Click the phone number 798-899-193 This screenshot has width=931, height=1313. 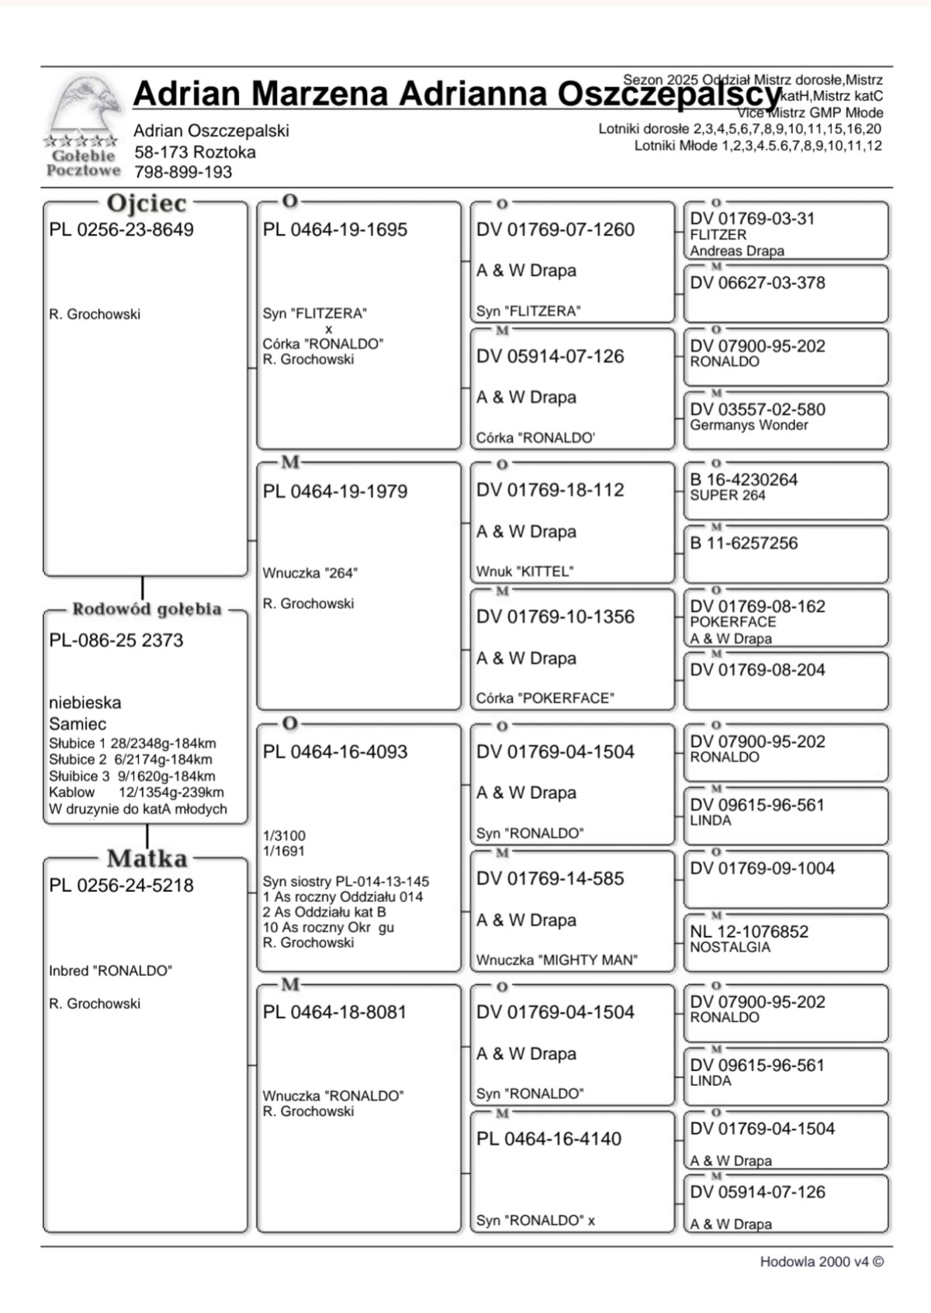pyautogui.click(x=183, y=172)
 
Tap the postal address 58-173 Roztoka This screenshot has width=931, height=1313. pyautogui.click(x=195, y=152)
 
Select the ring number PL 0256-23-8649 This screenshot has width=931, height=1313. pyautogui.click(x=121, y=230)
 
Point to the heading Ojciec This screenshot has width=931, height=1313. pyautogui.click(x=147, y=203)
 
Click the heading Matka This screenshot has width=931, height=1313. pyautogui.click(x=147, y=859)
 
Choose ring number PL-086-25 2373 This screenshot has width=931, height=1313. pyautogui.click(x=116, y=641)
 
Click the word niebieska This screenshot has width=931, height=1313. pyautogui.click(x=85, y=703)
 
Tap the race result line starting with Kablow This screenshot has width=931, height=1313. pyautogui.click(x=137, y=793)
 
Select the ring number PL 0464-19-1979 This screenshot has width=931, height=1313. pyautogui.click(x=335, y=491)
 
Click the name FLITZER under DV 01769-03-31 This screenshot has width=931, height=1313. pyautogui.click(x=718, y=235)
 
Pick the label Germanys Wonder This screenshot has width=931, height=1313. pyautogui.click(x=749, y=425)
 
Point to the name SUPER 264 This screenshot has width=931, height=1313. pyautogui.click(x=728, y=495)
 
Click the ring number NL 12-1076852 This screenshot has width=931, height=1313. pyautogui.click(x=749, y=931)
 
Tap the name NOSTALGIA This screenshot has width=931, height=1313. pyautogui.click(x=730, y=947)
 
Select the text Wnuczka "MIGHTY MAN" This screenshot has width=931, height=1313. pyautogui.click(x=557, y=960)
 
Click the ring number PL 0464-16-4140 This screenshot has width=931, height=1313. pyautogui.click(x=549, y=1139)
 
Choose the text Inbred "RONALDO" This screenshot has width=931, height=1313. pyautogui.click(x=110, y=971)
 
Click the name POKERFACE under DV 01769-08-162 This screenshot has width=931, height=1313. pyautogui.click(x=733, y=622)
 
